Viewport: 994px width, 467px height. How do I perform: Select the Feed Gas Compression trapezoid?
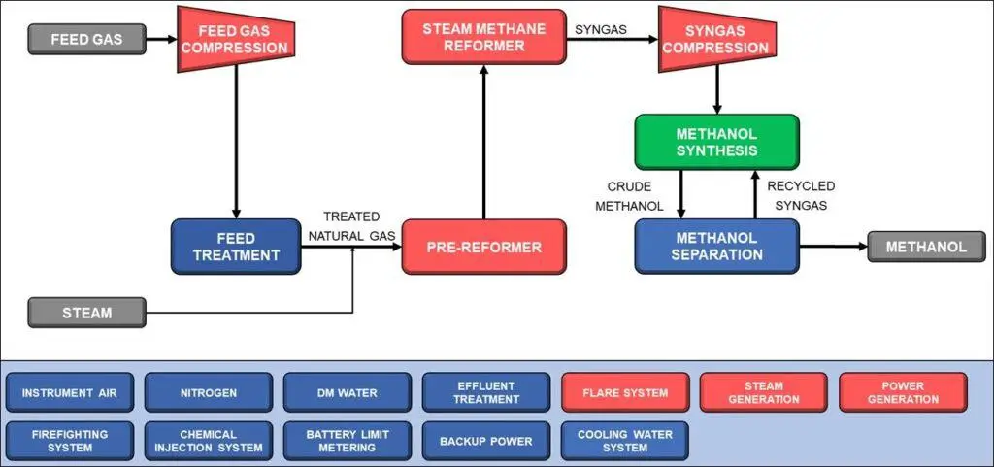click(x=236, y=40)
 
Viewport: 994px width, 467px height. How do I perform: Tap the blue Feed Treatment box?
click(x=236, y=247)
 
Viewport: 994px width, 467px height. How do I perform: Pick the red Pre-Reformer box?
click(x=483, y=247)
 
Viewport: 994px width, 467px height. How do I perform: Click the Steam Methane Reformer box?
click(x=483, y=37)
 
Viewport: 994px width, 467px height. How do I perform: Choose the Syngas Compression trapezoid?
click(x=717, y=40)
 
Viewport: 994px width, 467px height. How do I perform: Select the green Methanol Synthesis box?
click(x=717, y=142)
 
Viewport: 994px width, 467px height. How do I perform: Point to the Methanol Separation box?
click(x=717, y=247)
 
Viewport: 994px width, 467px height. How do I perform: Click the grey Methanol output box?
click(x=926, y=247)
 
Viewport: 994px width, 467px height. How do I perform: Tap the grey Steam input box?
click(x=87, y=313)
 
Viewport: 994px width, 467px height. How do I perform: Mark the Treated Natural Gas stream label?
click(x=351, y=225)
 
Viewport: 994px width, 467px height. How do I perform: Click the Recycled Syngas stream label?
click(x=801, y=195)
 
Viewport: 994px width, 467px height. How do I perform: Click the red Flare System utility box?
click(x=625, y=393)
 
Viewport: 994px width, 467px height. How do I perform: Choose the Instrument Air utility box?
click(x=70, y=393)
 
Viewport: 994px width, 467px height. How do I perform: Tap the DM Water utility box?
click(x=348, y=393)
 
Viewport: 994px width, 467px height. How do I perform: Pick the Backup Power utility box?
click(x=486, y=441)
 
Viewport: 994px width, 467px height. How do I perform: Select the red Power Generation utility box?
click(x=903, y=393)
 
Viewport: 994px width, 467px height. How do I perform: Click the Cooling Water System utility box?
click(x=625, y=441)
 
